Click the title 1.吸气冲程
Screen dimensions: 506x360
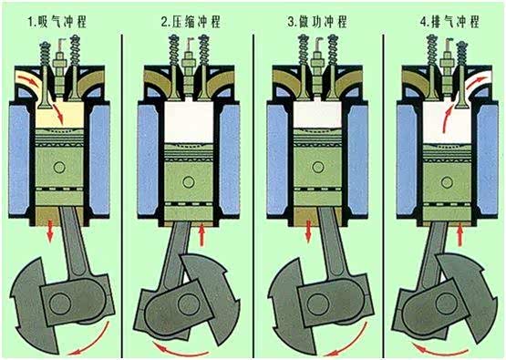click(x=57, y=22)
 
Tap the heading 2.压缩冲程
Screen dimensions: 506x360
click(x=191, y=22)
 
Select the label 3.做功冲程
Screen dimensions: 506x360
click(x=317, y=22)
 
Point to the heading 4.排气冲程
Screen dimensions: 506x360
click(x=449, y=22)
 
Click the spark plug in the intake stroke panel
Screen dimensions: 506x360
click(x=59, y=67)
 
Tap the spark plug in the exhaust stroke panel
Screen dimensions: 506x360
click(x=448, y=67)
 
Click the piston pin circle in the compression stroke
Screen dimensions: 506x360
click(x=189, y=182)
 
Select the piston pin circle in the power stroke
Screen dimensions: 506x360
click(x=318, y=167)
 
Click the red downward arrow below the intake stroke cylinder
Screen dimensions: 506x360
click(x=50, y=231)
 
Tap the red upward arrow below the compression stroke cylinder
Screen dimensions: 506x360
click(x=202, y=234)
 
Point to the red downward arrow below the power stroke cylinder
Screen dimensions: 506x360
click(x=308, y=231)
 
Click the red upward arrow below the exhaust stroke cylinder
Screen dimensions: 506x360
click(x=460, y=234)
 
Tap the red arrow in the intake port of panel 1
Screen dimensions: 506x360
click(x=28, y=79)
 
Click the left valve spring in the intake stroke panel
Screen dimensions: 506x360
click(x=45, y=53)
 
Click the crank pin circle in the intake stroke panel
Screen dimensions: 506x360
click(x=60, y=303)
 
